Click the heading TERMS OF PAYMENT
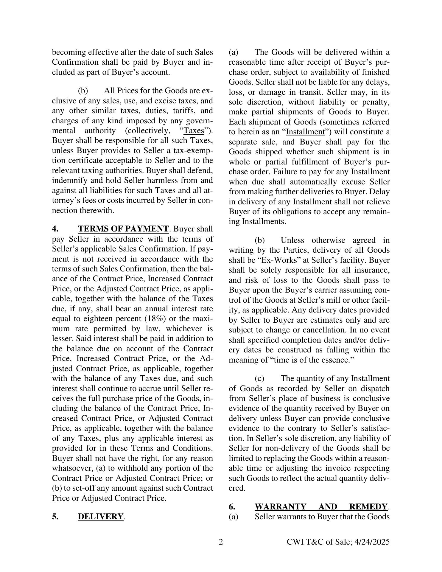123,229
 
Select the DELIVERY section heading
101,517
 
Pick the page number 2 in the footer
221,542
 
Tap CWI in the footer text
295,542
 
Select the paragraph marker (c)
259,378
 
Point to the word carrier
328,290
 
